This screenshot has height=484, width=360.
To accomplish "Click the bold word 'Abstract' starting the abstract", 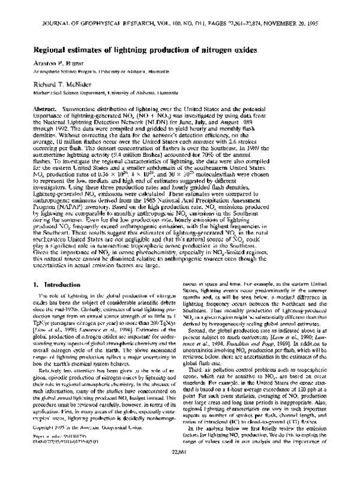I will point(52,104).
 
